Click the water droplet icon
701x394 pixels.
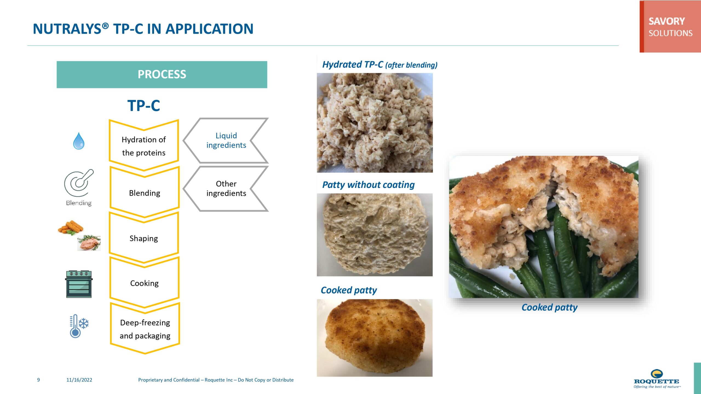tap(79, 141)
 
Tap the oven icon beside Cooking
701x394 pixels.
tap(79, 284)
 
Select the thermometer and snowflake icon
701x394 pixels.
tap(79, 326)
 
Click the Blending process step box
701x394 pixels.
tap(145, 193)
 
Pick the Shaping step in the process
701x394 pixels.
tap(144, 238)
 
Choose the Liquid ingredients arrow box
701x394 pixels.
tap(226, 140)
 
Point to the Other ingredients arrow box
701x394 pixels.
tap(226, 189)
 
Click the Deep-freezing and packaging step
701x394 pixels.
tap(145, 329)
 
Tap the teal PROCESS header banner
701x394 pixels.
tap(162, 74)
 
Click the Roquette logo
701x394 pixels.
tap(657, 379)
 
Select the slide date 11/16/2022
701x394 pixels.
tap(79, 380)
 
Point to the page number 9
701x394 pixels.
tap(38, 380)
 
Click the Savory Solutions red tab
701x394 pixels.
tap(670, 27)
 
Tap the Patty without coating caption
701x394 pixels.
tap(368, 185)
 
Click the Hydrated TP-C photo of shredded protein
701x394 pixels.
tap(375, 123)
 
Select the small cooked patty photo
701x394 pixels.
tap(375, 338)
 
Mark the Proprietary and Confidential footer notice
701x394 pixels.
tap(216, 380)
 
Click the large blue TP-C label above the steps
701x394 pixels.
tap(143, 106)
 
